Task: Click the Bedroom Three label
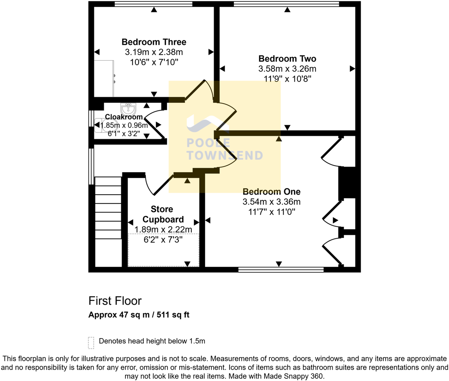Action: (x=154, y=42)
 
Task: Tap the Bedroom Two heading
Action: (x=287, y=59)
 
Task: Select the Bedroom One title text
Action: (x=272, y=192)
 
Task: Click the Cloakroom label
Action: (x=124, y=117)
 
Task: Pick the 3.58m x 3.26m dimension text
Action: (x=287, y=69)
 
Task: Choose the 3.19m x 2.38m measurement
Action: (x=154, y=52)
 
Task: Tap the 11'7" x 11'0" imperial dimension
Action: (x=272, y=212)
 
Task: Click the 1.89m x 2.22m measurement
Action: (x=163, y=230)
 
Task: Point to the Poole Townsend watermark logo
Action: (x=224, y=140)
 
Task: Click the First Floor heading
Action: (x=115, y=301)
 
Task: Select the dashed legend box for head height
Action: (x=91, y=342)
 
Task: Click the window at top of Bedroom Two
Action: (x=286, y=4)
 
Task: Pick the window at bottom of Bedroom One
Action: (x=281, y=270)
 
